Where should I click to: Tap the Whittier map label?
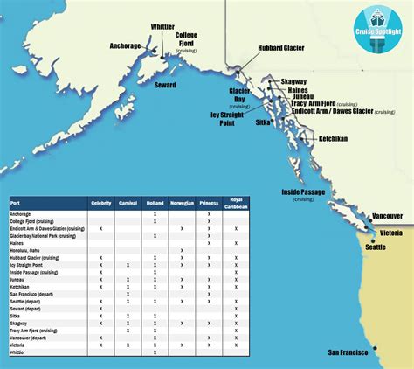click(162, 27)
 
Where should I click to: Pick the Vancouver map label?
click(387, 215)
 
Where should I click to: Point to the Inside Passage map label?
click(303, 191)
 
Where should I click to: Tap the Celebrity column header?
click(101, 203)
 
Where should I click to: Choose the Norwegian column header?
click(182, 203)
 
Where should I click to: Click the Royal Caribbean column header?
click(235, 203)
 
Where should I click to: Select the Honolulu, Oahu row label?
click(25, 251)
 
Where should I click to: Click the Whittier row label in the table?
click(19, 352)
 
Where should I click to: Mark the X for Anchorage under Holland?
click(155, 214)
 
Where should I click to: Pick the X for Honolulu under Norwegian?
click(182, 251)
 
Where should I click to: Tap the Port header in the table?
click(15, 203)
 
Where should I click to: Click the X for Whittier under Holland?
click(155, 352)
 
